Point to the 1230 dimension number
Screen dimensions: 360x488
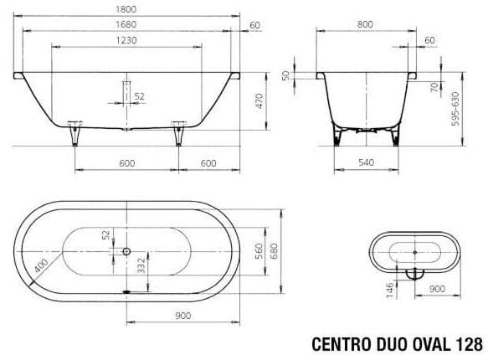click(127, 40)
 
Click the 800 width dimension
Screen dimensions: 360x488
click(364, 25)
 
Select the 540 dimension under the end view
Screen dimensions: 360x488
click(364, 163)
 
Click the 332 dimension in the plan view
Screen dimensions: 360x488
click(141, 267)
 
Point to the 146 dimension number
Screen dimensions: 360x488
click(390, 290)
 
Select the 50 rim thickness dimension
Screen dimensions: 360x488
click(286, 76)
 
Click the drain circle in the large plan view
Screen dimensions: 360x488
click(126, 250)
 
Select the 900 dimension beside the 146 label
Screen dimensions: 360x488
click(435, 290)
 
